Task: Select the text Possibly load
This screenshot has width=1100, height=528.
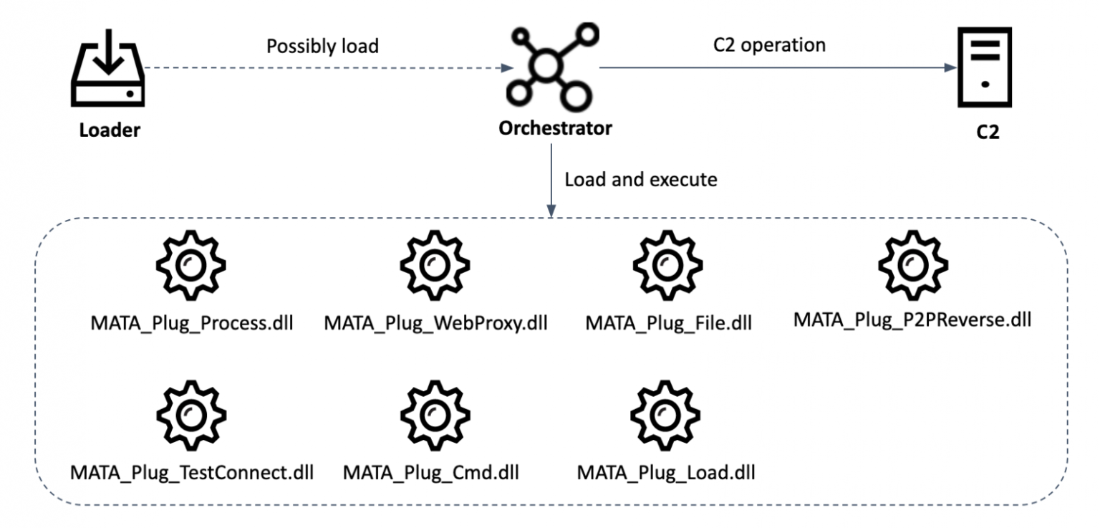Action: pos(322,46)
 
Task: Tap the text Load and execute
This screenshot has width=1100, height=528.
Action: pos(640,179)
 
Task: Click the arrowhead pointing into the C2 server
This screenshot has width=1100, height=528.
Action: pos(950,68)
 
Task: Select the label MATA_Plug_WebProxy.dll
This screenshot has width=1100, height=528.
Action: pos(435,322)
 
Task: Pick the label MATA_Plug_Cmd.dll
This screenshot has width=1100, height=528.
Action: pos(430,473)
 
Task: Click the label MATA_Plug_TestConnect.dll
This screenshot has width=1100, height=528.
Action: pos(192,473)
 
